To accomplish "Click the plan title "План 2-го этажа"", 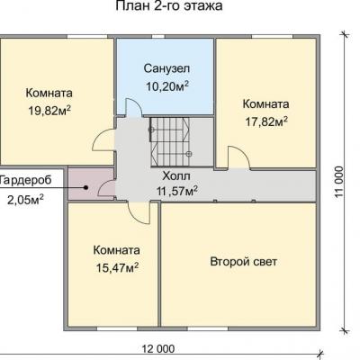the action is [169, 5].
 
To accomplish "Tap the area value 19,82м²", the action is [49, 111].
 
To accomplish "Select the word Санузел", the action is [166, 68].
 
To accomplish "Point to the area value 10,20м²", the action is [167, 86].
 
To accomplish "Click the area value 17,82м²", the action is [266, 121].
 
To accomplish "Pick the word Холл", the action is [176, 176].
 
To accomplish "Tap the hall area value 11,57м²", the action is [177, 191].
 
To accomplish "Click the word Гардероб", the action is [26, 180].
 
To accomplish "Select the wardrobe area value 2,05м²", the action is [25, 200].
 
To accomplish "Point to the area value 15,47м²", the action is [117, 267].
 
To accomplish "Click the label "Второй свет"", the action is [243, 262].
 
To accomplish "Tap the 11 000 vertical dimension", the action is [338, 182].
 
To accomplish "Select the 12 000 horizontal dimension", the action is [158, 349].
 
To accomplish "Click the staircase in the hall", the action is [170, 141].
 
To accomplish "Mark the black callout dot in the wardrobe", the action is [85, 187].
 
